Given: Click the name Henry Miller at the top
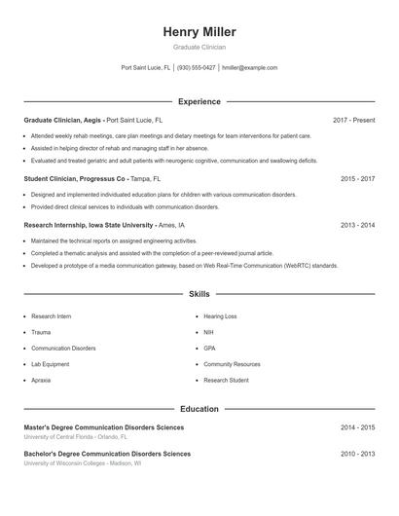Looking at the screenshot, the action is (199, 32).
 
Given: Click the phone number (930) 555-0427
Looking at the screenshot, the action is (197, 68).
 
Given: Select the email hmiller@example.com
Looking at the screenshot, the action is (250, 68).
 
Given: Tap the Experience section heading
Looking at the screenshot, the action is (199, 101).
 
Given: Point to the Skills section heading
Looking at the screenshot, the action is (199, 293).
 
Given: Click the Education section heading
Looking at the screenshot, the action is (199, 409).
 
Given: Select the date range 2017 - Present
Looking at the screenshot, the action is (353, 120).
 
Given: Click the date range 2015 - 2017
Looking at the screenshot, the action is (358, 179).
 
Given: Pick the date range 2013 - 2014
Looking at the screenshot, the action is (358, 225).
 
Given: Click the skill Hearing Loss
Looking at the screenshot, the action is (220, 316).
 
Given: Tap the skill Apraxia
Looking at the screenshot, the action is (41, 380).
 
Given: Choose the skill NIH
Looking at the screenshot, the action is (209, 332).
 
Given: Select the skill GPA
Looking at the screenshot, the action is (210, 348).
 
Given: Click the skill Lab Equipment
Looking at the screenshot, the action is (51, 364).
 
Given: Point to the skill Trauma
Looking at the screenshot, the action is (41, 332).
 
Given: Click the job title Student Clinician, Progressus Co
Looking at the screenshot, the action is (76, 179).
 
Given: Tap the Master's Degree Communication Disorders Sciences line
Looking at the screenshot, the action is (103, 427).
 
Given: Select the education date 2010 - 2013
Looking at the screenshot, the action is (358, 454).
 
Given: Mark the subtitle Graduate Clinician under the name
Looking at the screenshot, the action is (199, 47).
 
